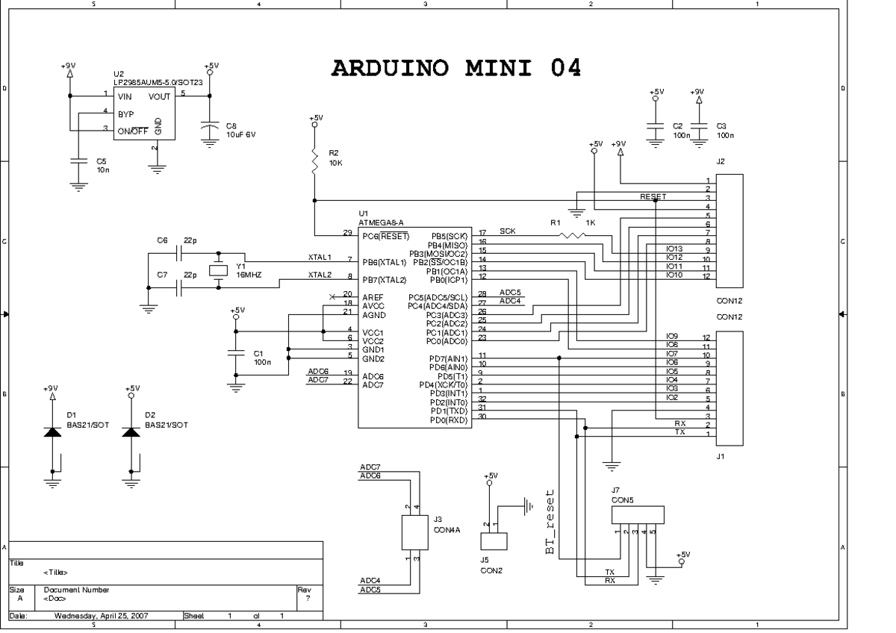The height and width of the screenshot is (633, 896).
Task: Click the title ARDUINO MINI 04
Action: pyautogui.click(x=455, y=68)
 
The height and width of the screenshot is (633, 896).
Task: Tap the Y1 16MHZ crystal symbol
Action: pyautogui.click(x=218, y=270)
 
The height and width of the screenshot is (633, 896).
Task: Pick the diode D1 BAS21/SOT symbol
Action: pyautogui.click(x=52, y=432)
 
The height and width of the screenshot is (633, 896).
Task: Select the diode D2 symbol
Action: pyautogui.click(x=131, y=432)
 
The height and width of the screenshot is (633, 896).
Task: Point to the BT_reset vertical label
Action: pyautogui.click(x=550, y=522)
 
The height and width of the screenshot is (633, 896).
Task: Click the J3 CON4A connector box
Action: pyautogui.click(x=413, y=531)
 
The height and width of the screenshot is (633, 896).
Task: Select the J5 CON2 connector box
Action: pyautogui.click(x=494, y=542)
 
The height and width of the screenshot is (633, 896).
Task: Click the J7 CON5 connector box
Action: pyautogui.click(x=637, y=515)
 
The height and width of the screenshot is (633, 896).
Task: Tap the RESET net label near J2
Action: pyautogui.click(x=653, y=196)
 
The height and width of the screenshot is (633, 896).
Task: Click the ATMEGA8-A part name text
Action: pyautogui.click(x=381, y=222)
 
